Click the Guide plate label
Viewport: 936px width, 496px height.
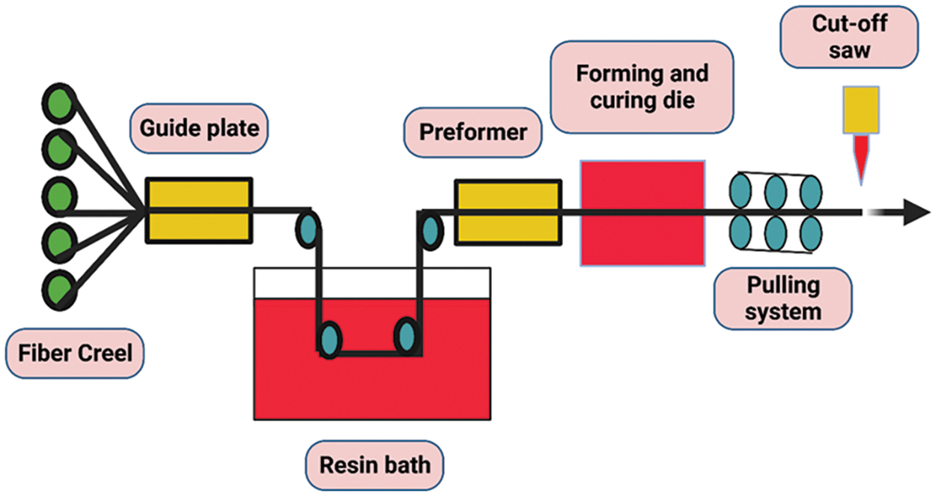click(198, 127)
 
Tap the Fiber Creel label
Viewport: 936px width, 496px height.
click(75, 351)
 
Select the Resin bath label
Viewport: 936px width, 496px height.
click(375, 465)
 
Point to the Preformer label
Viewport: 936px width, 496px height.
click(472, 133)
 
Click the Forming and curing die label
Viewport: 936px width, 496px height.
click(642, 87)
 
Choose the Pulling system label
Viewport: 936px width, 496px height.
click(782, 297)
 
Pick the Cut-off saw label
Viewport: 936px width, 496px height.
click(850, 34)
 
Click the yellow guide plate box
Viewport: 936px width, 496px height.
click(198, 210)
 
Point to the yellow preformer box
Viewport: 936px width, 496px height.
click(508, 212)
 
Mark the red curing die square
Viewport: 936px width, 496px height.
click(642, 213)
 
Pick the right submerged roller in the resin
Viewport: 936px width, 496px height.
click(407, 335)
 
